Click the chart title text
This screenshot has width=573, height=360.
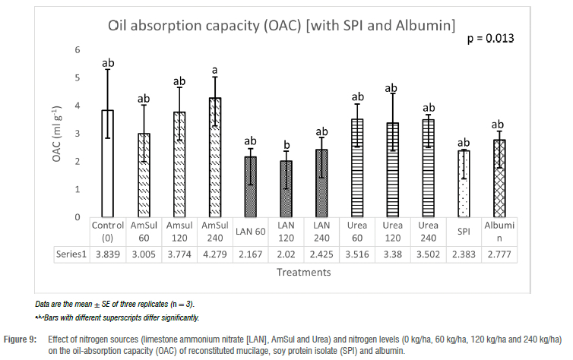280,26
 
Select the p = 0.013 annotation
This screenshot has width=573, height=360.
489,38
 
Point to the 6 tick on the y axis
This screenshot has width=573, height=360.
77,49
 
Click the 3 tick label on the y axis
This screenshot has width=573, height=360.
77,134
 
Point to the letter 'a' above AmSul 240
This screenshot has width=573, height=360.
215,70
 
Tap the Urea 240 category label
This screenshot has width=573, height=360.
428,231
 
